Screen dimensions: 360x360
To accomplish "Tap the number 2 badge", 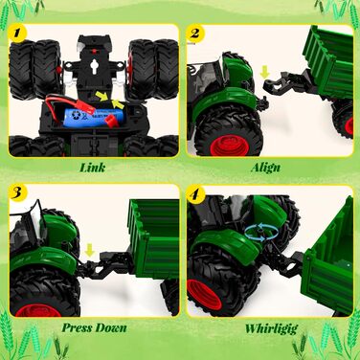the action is pyautogui.click(x=194, y=33).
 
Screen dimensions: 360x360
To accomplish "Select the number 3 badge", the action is pyautogui.click(x=18, y=192).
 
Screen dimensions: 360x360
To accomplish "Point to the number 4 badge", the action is pyautogui.click(x=194, y=193).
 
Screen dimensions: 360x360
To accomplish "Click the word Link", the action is pyautogui.click(x=93, y=168).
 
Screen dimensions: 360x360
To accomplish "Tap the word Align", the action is pyautogui.click(x=265, y=168).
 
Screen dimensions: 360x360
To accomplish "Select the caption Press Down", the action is pyautogui.click(x=94, y=327).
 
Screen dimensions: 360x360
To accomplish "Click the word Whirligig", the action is pyautogui.click(x=271, y=328).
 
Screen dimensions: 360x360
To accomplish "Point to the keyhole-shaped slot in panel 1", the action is pyautogui.click(x=95, y=66).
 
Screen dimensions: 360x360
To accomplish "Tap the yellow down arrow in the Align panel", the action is pyautogui.click(x=264, y=73).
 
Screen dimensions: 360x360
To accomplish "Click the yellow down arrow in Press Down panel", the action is pyautogui.click(x=90, y=251).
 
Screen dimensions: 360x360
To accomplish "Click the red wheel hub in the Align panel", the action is pyautogui.click(x=230, y=146).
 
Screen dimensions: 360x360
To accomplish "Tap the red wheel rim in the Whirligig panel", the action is pyautogui.click(x=205, y=295).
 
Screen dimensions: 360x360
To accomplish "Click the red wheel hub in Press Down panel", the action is pyautogui.click(x=37, y=310).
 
